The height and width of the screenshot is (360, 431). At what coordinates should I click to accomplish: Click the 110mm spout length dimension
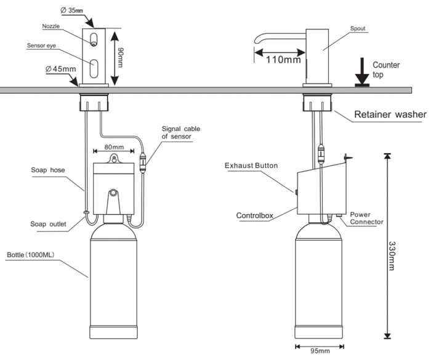[x=283, y=59]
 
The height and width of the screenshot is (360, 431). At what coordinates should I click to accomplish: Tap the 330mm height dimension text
[x=392, y=256]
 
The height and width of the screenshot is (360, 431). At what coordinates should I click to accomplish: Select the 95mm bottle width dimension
[x=320, y=351]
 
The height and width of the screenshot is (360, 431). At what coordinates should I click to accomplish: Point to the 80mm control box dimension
[x=114, y=147]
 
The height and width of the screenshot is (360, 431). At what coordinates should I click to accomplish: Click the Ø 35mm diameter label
[x=71, y=10]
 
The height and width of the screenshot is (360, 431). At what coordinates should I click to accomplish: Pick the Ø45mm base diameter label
[x=61, y=69]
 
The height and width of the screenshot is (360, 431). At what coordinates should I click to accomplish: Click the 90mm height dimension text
[x=120, y=57]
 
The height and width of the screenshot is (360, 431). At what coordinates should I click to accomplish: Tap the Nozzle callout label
[x=51, y=26]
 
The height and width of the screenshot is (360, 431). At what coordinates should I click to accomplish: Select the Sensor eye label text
[x=41, y=46]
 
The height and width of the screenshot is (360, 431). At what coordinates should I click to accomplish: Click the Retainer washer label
[x=390, y=114]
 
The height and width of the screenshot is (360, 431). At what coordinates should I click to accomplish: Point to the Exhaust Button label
[x=251, y=166]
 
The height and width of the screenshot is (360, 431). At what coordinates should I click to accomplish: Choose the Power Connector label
[x=367, y=218]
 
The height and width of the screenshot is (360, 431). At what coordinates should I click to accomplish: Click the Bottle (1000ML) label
[x=31, y=255]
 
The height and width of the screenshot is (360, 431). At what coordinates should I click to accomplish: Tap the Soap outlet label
[x=48, y=224]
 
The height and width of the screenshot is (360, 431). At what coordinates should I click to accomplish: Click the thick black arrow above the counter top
[x=362, y=72]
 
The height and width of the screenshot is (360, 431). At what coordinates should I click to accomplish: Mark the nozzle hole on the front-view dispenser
[x=94, y=43]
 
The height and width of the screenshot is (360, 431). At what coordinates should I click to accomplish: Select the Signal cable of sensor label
[x=181, y=132]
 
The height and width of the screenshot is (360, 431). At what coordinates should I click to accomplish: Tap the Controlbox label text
[x=254, y=215]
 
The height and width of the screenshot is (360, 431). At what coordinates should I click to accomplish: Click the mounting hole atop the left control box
[x=113, y=158]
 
